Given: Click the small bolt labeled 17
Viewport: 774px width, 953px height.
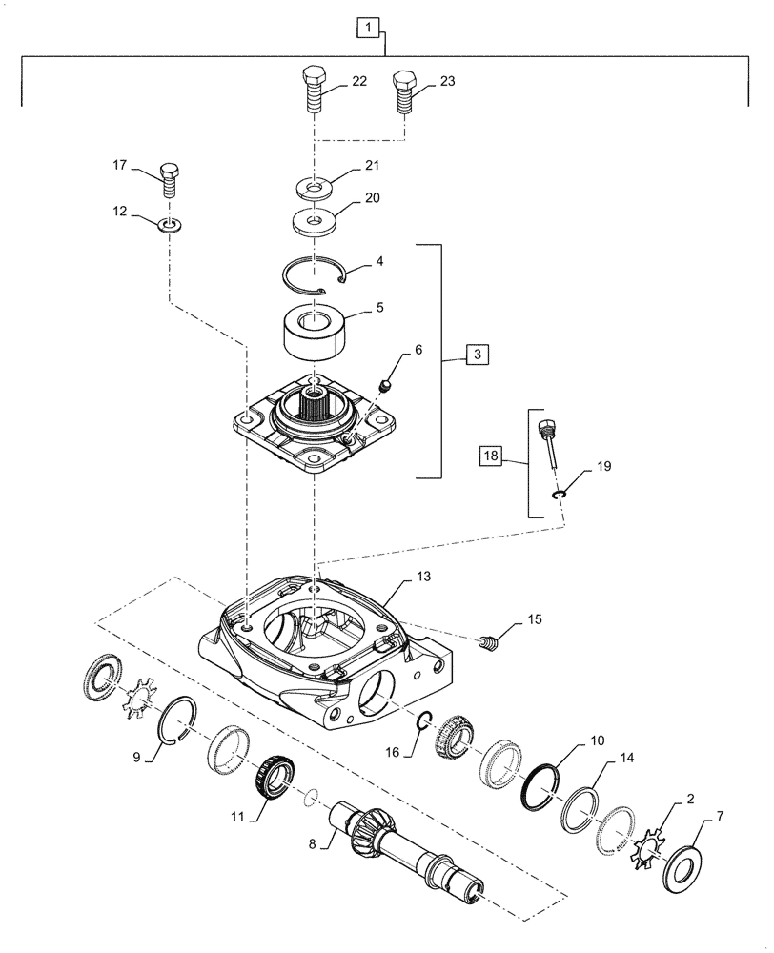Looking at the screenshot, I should pos(168,178).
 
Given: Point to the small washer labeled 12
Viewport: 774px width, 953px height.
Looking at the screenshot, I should pos(171,226).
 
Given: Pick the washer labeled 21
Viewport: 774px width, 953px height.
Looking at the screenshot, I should pos(311,185).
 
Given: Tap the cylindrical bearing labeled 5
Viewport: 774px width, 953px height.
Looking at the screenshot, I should pos(313,332).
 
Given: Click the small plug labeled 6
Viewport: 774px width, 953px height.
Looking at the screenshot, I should pos(388,385).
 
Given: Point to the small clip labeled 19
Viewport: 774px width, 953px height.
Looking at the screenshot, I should pos(560,493).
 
